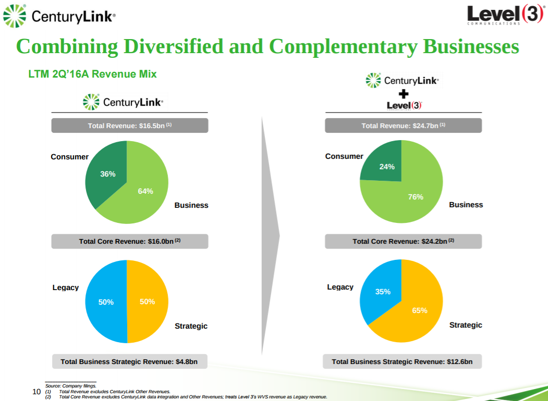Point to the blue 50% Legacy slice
point(106,302)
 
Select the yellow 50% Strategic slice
point(148,302)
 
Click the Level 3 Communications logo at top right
point(505,15)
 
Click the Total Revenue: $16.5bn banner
point(129,126)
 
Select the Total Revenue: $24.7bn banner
point(403,126)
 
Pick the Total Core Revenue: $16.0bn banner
point(129,241)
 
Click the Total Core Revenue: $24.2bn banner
point(403,241)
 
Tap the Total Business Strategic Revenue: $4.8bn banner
point(129,361)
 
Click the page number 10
point(36,392)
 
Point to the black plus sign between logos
point(403,94)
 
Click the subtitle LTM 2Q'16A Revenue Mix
point(92,74)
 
